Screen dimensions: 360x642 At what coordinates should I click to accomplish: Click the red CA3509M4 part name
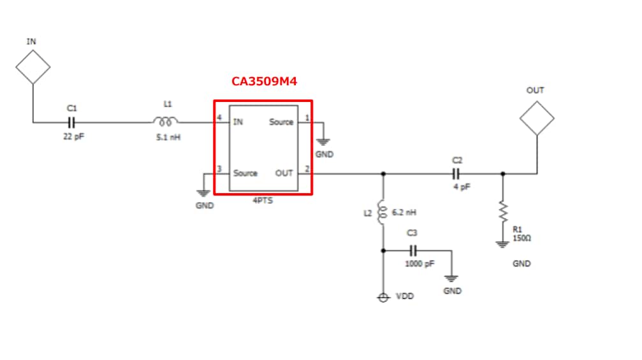[x=264, y=82]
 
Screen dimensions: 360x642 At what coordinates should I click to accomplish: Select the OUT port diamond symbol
[x=536, y=117]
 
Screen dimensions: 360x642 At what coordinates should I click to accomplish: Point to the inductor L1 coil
[x=165, y=121]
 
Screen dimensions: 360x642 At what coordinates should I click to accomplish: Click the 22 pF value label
[x=72, y=136]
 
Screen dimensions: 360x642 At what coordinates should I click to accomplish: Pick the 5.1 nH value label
[x=168, y=136]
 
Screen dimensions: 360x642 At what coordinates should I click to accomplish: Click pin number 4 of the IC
[x=219, y=119]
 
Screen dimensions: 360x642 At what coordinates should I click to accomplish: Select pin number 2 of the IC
[x=307, y=169]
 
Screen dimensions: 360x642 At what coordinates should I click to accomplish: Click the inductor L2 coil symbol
[x=383, y=213]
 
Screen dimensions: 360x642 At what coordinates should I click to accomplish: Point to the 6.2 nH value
[x=404, y=212]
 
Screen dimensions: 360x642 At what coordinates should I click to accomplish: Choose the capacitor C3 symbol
[x=412, y=250]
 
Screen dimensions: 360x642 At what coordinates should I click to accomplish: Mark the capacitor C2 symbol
[x=456, y=173]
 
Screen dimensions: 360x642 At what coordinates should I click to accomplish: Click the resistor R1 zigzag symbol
[x=503, y=211]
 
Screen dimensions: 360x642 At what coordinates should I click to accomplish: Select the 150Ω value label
[x=522, y=238]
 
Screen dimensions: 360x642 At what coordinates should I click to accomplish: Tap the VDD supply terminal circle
[x=383, y=298]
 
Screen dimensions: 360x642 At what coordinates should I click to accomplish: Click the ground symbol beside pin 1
[x=324, y=141]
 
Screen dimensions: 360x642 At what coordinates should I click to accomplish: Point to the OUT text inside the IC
[x=284, y=173]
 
